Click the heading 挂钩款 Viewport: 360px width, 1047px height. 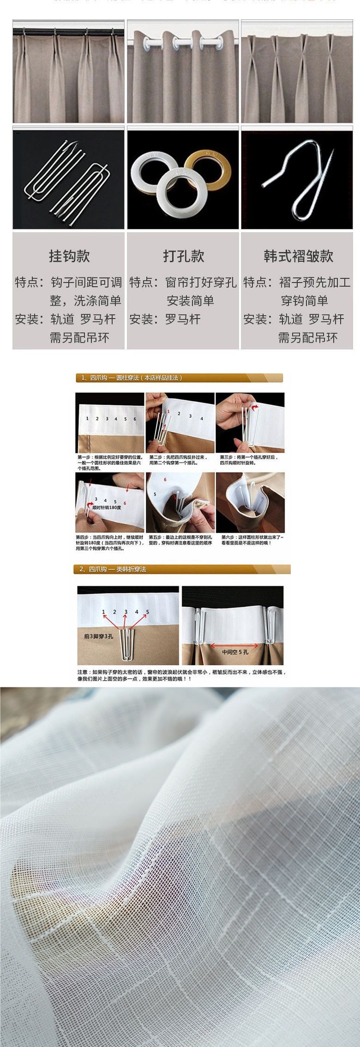coord(69,256)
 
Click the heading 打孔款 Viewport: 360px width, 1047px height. coord(183,256)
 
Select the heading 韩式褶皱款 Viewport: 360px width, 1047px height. coord(298,256)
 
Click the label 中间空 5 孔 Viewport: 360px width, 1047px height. coord(235,652)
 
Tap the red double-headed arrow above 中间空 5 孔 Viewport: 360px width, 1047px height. coord(234,646)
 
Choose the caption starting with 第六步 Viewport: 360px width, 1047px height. coord(252,540)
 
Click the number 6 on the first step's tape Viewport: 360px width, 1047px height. coord(135,419)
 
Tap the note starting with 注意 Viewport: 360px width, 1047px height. coord(181,675)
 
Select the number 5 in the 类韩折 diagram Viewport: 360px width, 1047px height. coord(148,612)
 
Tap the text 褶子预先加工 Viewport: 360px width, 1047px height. coord(314,282)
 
